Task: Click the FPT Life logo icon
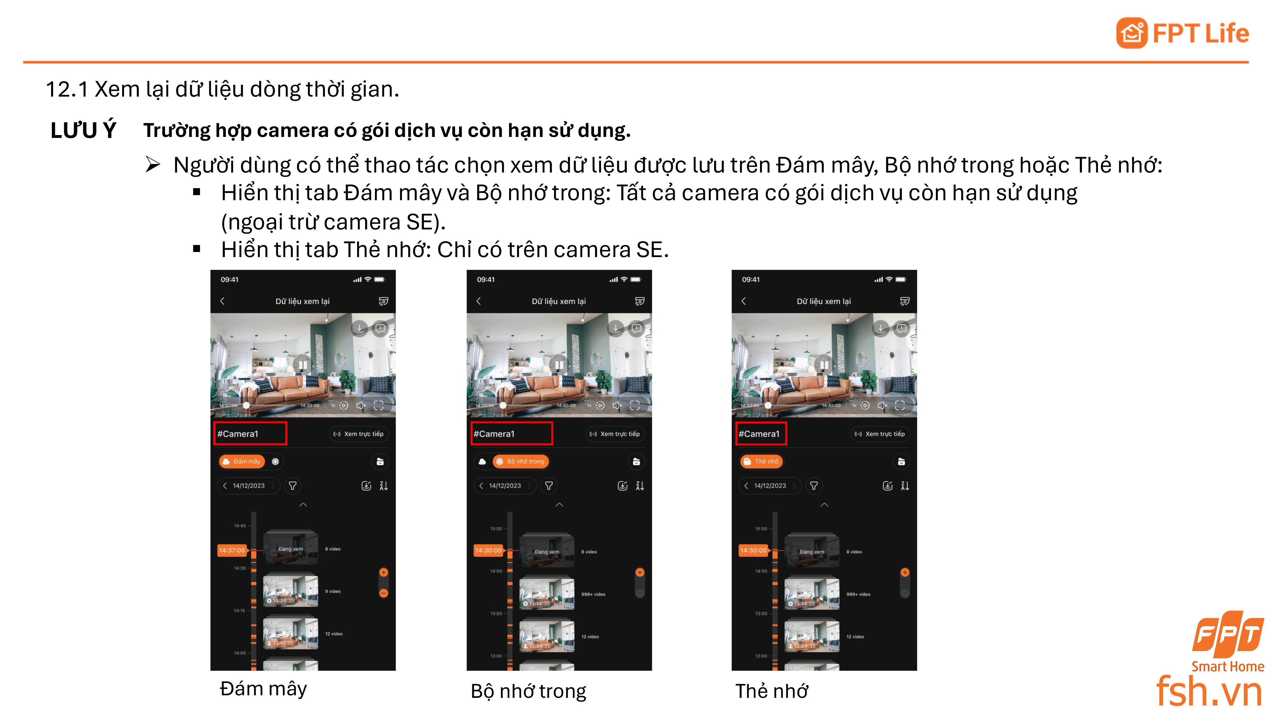(x=1131, y=33)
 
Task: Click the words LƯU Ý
(x=83, y=130)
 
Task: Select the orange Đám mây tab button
(x=241, y=461)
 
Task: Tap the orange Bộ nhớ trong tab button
(x=521, y=461)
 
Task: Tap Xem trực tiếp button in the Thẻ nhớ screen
(x=880, y=434)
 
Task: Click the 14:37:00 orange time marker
(x=232, y=550)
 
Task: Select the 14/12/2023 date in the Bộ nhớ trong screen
(x=505, y=486)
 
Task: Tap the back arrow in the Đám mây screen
(x=222, y=301)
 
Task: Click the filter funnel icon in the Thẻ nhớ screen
(x=814, y=486)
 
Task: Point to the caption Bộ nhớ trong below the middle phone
(x=528, y=691)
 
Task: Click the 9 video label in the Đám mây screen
(x=333, y=591)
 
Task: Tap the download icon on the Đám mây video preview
(x=359, y=328)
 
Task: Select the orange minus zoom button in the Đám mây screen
(x=384, y=593)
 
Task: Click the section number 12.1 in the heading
(x=67, y=89)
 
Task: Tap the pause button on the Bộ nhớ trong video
(x=559, y=365)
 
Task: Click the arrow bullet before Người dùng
(x=153, y=165)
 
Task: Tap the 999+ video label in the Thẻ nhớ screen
(x=858, y=594)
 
